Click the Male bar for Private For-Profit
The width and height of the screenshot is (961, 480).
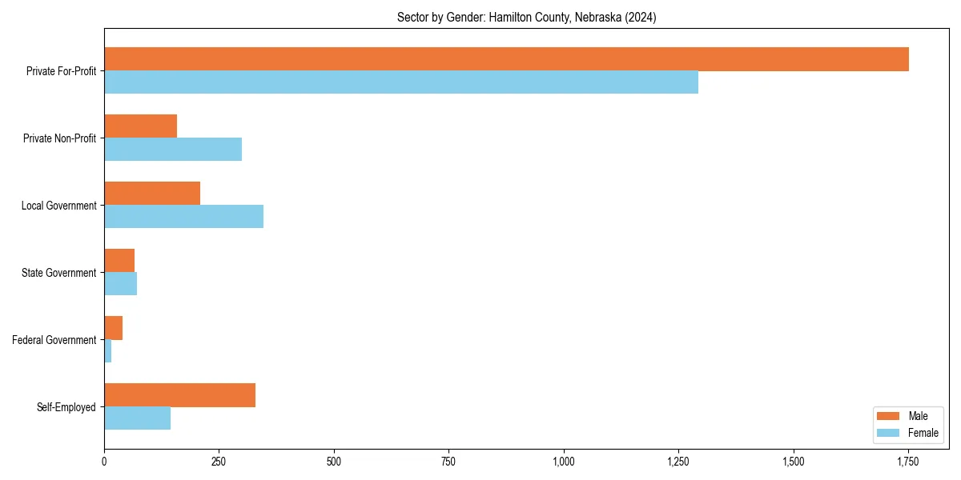(506, 59)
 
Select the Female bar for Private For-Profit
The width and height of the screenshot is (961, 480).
(400, 82)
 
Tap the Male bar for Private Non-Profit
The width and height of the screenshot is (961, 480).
(140, 126)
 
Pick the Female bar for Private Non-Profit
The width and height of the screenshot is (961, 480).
(173, 150)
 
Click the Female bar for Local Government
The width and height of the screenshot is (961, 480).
(183, 217)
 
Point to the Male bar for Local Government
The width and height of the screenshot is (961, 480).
(152, 194)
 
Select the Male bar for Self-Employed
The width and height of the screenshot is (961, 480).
(179, 395)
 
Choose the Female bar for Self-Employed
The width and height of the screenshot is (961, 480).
(137, 418)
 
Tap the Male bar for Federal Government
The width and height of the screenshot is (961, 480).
(113, 328)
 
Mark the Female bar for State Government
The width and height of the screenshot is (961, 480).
(120, 284)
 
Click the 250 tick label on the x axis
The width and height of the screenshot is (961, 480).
(219, 462)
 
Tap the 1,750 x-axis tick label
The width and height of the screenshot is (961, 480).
(908, 462)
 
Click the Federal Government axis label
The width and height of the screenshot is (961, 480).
(54, 340)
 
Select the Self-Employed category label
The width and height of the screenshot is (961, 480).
(66, 407)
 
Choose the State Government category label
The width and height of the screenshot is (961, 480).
(58, 273)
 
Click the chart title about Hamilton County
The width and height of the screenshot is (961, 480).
(526, 18)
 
